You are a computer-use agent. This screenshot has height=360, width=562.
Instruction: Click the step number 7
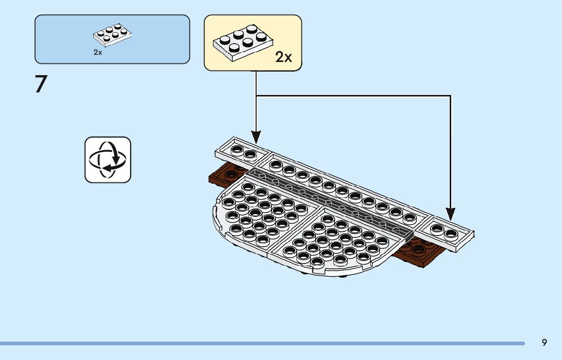[x=41, y=84]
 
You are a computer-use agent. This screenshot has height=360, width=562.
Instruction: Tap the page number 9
[x=544, y=342]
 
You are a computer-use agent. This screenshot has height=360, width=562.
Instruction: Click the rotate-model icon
[x=108, y=159]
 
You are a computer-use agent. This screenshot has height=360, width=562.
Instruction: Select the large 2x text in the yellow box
[x=284, y=57]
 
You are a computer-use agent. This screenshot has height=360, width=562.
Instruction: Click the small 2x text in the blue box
[x=98, y=52]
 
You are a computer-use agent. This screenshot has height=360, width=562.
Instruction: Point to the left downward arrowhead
[x=256, y=137]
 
